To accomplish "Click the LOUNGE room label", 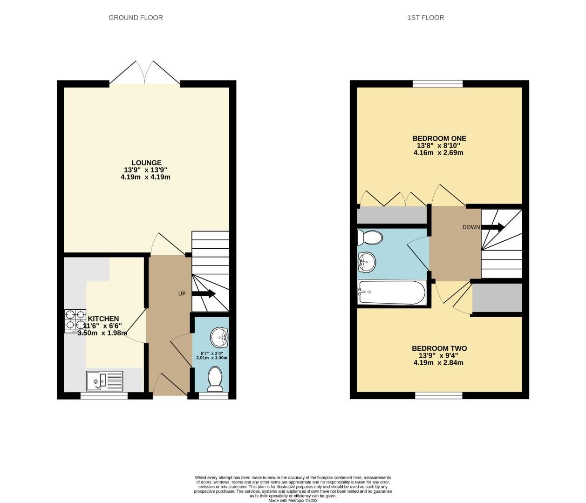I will tap(146, 163).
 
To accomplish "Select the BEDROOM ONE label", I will tap(439, 138).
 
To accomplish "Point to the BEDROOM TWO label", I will tap(439, 348).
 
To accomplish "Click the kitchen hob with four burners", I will tap(75, 321).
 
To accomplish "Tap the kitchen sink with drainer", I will tap(104, 381).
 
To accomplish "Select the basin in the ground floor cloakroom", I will tap(219, 338).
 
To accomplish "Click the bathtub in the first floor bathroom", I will tap(391, 292).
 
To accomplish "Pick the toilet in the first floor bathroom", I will tap(369, 237).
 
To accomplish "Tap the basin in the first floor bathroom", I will tap(367, 262).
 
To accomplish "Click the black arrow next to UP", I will tap(204, 293).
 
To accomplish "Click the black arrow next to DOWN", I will tap(493, 227).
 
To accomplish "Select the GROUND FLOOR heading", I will tap(136, 18).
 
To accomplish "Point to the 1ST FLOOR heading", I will tap(425, 18).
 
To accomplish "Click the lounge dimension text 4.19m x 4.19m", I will tap(145, 177).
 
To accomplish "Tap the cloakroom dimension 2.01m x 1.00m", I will tap(211, 358).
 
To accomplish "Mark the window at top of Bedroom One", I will tap(437, 84).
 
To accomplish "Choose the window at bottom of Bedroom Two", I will tap(438, 395).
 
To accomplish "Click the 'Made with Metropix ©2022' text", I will tap(293, 501).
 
